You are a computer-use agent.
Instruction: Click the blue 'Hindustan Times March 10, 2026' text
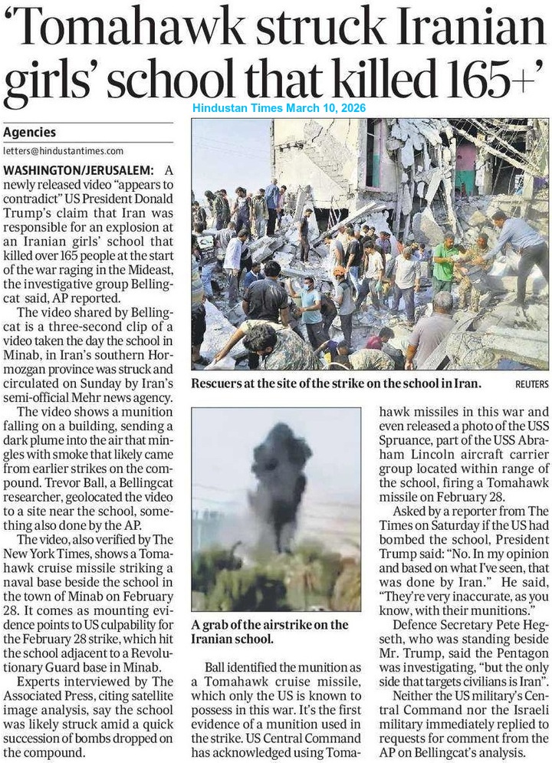pos(279,108)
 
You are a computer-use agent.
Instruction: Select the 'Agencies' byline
pos(29,132)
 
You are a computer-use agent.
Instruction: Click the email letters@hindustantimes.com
pos(63,151)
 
